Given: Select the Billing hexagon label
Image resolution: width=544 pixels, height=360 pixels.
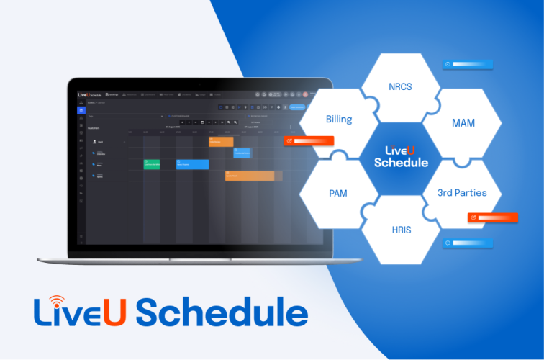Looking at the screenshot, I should (338, 119).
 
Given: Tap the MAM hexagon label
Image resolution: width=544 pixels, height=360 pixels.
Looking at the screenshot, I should (463, 123).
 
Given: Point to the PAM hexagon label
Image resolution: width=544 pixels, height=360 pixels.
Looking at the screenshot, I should (337, 193).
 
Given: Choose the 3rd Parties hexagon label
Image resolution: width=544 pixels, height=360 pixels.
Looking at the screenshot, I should (462, 192).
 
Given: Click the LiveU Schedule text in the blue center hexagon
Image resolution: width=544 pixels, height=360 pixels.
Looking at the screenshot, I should (402, 156).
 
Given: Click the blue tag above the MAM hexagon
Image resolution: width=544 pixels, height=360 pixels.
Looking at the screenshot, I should (468, 64).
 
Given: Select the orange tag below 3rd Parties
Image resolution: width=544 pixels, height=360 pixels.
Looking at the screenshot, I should (493, 217).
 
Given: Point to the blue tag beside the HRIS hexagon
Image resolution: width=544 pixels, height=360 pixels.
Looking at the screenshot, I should (467, 243).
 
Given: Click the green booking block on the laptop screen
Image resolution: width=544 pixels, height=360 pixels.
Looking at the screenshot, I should (151, 164).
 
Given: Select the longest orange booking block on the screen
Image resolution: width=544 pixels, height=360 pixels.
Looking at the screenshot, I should (249, 176).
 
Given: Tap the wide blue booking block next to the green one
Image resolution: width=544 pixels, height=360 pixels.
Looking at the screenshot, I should (192, 164).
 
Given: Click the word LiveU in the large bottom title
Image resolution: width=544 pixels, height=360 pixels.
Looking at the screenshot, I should (78, 313).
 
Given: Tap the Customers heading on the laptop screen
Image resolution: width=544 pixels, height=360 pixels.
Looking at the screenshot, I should (94, 127).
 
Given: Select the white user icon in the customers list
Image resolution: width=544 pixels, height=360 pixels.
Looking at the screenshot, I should (94, 142).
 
